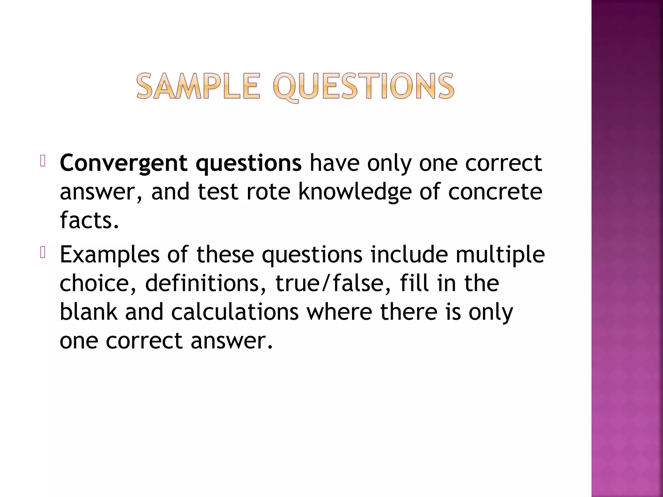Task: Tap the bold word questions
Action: tap(248, 163)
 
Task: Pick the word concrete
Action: tap(495, 192)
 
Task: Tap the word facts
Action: tap(89, 220)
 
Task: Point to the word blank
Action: tap(89, 312)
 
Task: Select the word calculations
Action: tap(235, 312)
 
